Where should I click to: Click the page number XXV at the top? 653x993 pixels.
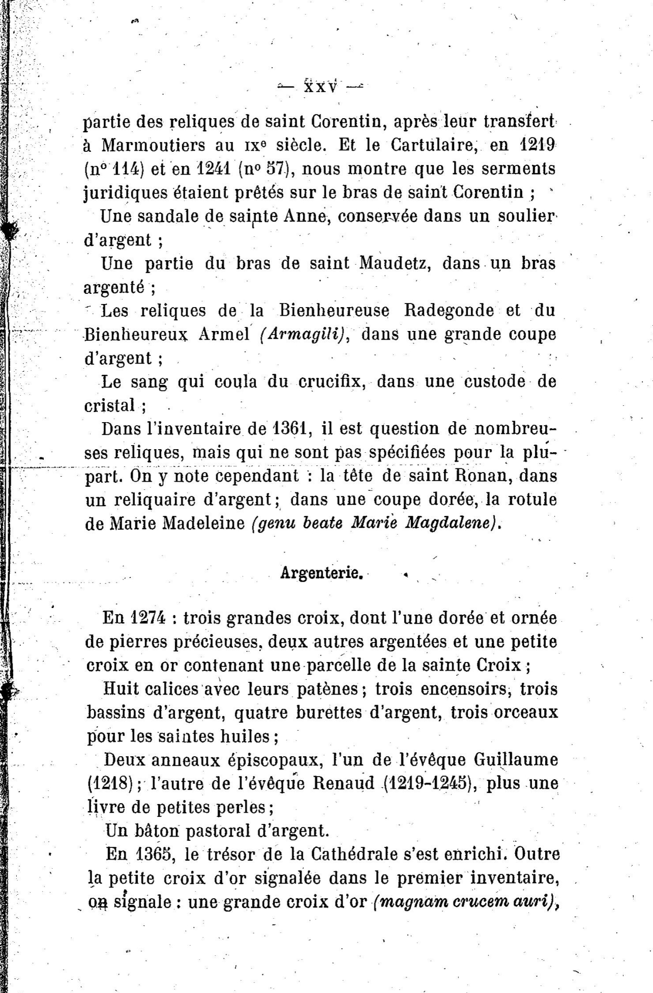point(321,87)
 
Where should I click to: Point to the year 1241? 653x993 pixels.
point(208,169)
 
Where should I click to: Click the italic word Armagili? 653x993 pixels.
point(304,335)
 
